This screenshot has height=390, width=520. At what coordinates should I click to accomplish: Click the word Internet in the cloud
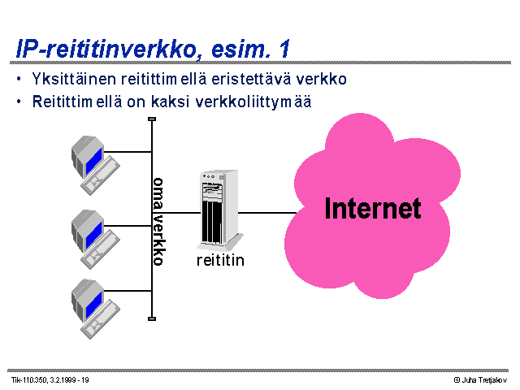[373, 208]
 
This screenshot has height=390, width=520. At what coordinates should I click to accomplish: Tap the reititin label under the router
[220, 260]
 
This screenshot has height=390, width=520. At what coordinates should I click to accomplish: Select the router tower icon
[220, 210]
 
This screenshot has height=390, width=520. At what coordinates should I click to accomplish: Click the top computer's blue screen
[94, 161]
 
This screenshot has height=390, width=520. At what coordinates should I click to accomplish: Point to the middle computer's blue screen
[94, 235]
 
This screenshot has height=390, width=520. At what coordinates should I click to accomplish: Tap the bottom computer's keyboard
[101, 319]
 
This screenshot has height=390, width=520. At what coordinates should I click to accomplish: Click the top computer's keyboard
[101, 175]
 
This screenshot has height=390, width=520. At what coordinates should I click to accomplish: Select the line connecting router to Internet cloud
[267, 213]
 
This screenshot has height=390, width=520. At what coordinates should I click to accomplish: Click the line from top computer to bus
[128, 152]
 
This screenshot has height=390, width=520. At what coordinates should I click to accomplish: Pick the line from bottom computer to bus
[128, 291]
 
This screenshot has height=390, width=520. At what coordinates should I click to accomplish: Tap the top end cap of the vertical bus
[152, 119]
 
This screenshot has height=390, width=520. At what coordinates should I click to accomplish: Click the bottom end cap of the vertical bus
[152, 319]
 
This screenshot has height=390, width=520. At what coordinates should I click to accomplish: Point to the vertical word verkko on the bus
[158, 240]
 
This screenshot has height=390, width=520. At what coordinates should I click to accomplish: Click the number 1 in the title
[284, 49]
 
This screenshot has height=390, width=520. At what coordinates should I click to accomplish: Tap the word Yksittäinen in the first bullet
[74, 79]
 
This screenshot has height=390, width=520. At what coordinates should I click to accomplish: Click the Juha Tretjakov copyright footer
[480, 380]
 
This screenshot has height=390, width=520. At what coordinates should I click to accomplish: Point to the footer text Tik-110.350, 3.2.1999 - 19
[50, 380]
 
